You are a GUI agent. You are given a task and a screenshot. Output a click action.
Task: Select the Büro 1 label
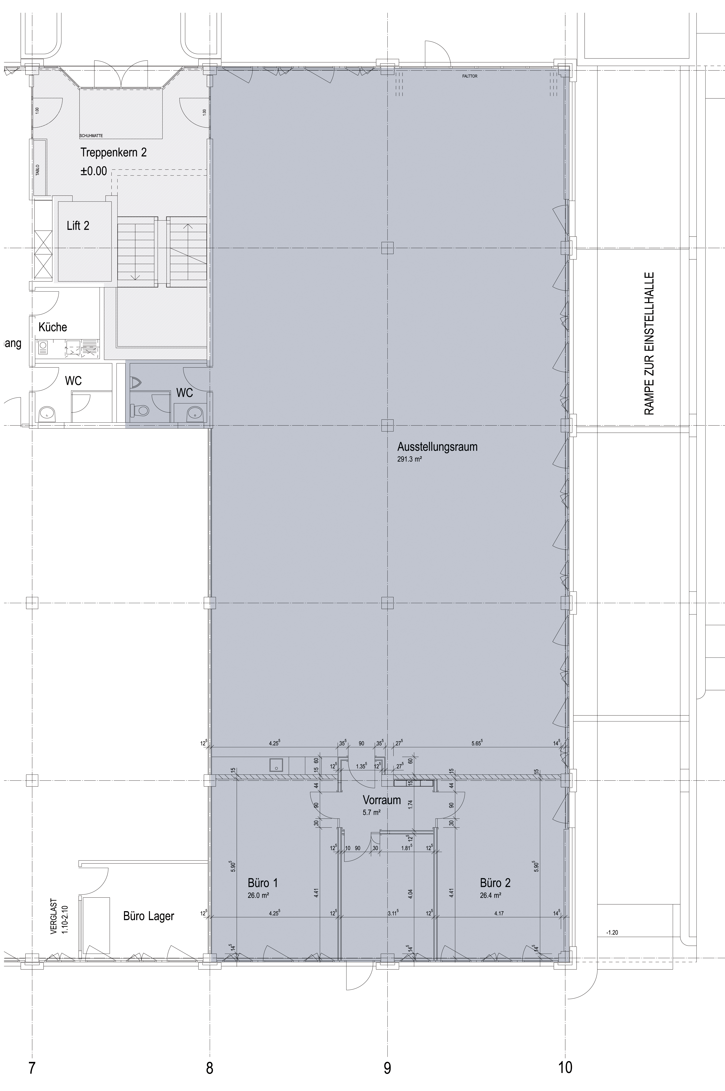[263, 883]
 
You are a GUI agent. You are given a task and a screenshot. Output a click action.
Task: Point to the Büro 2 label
[495, 883]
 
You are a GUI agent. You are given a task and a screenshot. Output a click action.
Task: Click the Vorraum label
[381, 800]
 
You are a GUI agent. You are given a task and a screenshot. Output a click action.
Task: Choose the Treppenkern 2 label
[114, 152]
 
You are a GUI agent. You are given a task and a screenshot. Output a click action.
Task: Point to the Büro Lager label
[149, 916]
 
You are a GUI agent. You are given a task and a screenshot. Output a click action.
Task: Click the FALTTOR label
[469, 76]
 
